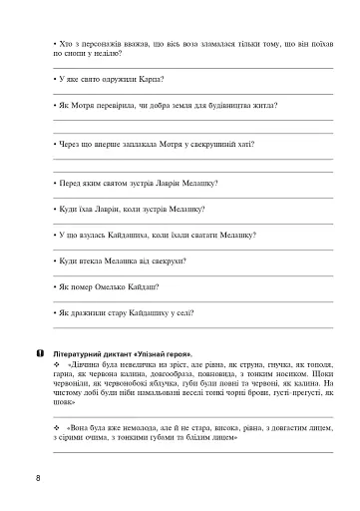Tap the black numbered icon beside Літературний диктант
[37, 353]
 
